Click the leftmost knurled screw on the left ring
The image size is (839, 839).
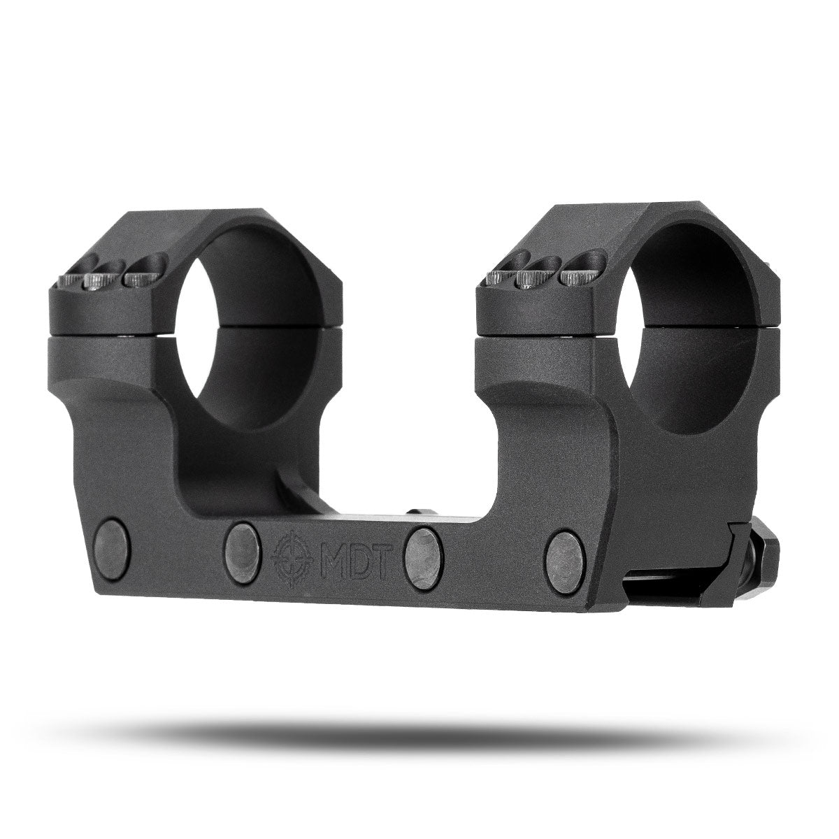(72, 281)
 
